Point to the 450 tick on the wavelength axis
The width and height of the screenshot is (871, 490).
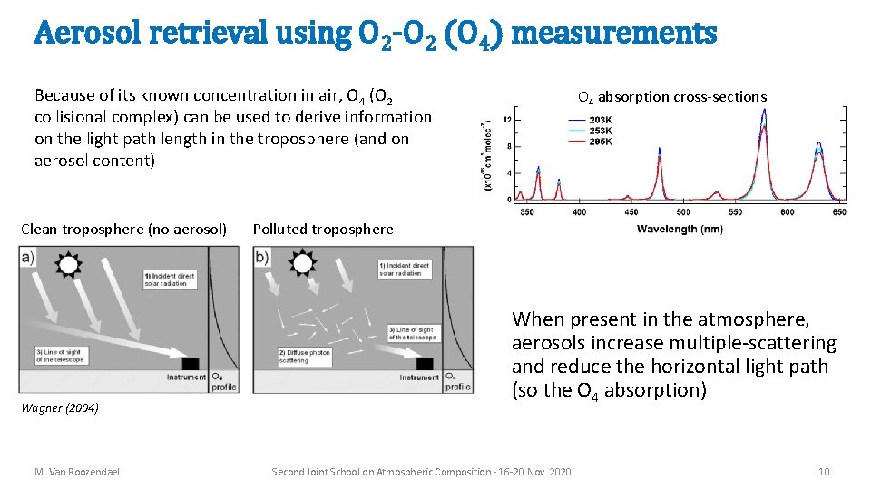pos(631,212)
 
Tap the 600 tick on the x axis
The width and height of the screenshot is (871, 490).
pos(787,212)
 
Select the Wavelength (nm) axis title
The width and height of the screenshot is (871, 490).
pos(680,229)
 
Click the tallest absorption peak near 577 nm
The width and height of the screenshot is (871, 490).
pos(763,113)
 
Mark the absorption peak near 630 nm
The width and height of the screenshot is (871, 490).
pos(818,144)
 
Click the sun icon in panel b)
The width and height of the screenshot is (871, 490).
pos(301,263)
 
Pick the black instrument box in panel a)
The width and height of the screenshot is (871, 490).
pos(193,363)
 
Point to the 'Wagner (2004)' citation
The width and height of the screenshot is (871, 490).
pos(60,408)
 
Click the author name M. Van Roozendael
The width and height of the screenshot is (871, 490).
pos(77,472)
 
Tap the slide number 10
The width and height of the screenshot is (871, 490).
pos(823,472)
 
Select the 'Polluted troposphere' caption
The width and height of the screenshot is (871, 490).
pos(323,230)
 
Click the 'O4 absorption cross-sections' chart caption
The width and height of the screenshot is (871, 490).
pos(672,97)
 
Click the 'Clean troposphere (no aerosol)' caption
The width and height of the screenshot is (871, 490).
pos(123,230)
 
